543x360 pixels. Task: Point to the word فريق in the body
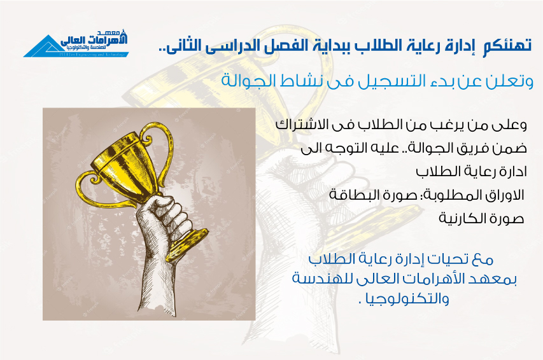pyautogui.click(x=474, y=149)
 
